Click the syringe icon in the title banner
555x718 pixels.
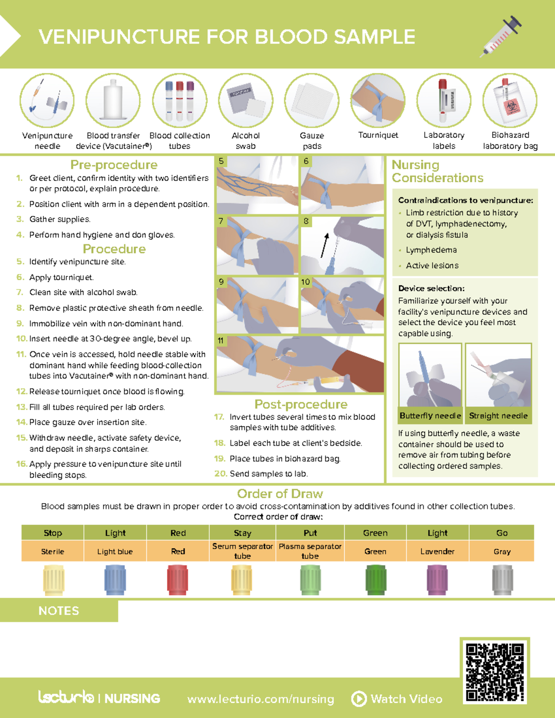point(500,37)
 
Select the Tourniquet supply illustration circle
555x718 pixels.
point(378,100)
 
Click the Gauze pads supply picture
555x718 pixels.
point(312,100)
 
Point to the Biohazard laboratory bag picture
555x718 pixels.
point(510,100)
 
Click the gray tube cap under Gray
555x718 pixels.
point(502,580)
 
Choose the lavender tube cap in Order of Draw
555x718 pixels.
point(438,580)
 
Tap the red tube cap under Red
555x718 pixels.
point(178,580)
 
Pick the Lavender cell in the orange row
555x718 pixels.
point(438,551)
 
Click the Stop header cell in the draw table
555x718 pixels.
point(53,533)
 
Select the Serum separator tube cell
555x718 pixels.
point(242,551)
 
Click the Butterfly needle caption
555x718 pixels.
point(431,416)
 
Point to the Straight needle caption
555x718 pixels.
point(498,416)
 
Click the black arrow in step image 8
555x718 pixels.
point(324,245)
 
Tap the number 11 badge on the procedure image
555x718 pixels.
point(221,341)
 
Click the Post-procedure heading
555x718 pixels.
point(301,404)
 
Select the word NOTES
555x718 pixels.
point(59,611)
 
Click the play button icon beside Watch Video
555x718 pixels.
point(359,699)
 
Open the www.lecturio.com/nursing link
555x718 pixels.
point(261,699)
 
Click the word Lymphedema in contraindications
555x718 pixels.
point(432,250)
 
